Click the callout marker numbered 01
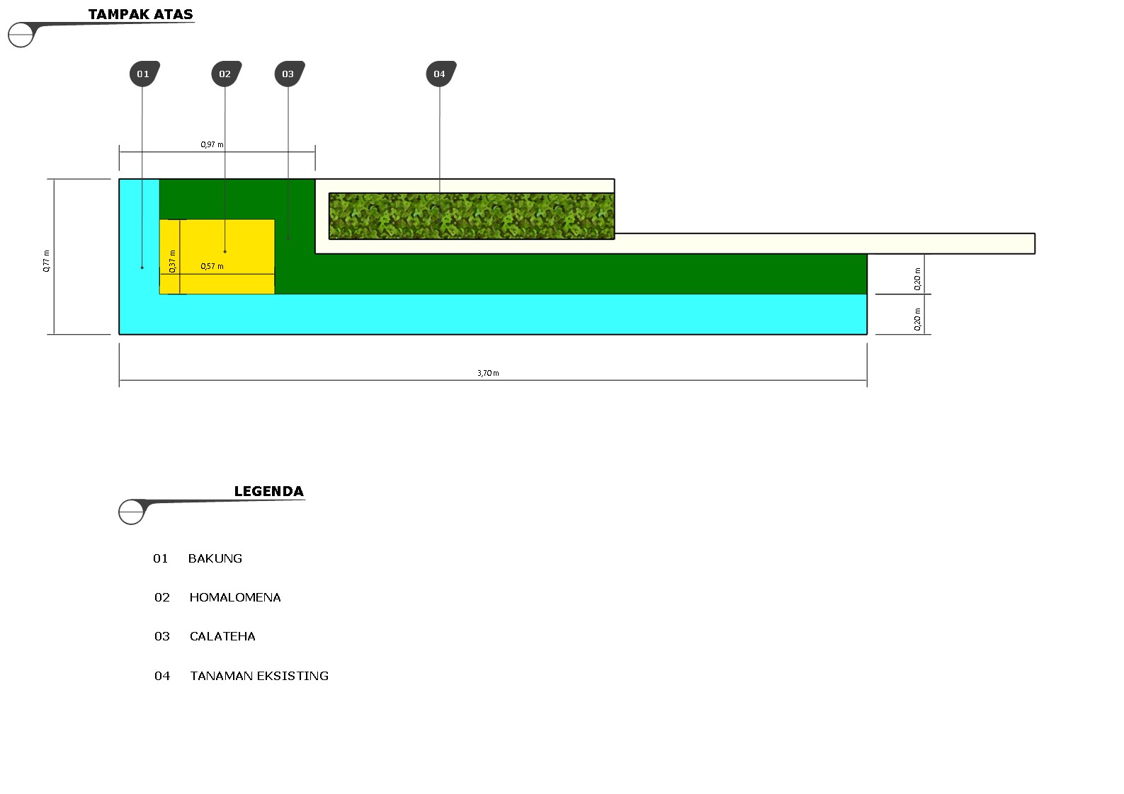tap(144, 74)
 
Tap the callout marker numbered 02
tap(225, 74)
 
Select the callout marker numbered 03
tap(288, 74)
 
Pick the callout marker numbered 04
tap(440, 74)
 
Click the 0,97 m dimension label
tap(212, 144)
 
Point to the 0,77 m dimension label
tap(47, 260)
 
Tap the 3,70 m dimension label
tap(488, 373)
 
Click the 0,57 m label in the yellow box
tap(212, 266)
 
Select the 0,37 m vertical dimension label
tap(172, 261)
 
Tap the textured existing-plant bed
tap(471, 216)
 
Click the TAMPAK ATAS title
tap(140, 14)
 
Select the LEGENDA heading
tap(268, 491)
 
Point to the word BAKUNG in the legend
tap(215, 558)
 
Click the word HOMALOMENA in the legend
tap(235, 597)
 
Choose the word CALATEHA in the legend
tap(222, 636)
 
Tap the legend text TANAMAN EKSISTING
tap(259, 676)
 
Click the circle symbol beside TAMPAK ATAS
tap(21, 35)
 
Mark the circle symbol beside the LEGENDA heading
tap(131, 512)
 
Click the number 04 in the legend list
tap(162, 676)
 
